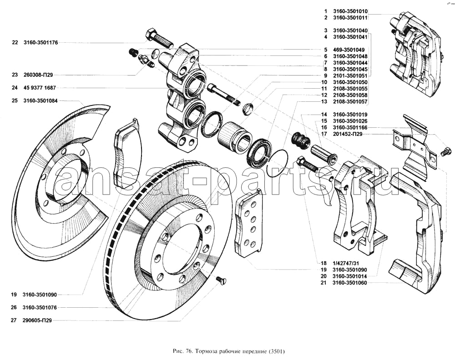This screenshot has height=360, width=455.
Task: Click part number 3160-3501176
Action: [x=41, y=43]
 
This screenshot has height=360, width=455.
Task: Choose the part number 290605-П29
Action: [x=38, y=320]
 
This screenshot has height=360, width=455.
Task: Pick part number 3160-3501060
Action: [x=349, y=283]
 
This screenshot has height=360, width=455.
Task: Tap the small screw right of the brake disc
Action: [x=221, y=281]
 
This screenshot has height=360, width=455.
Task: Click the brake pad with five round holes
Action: [x=248, y=222]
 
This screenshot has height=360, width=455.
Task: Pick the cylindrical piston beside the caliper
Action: [x=234, y=136]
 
